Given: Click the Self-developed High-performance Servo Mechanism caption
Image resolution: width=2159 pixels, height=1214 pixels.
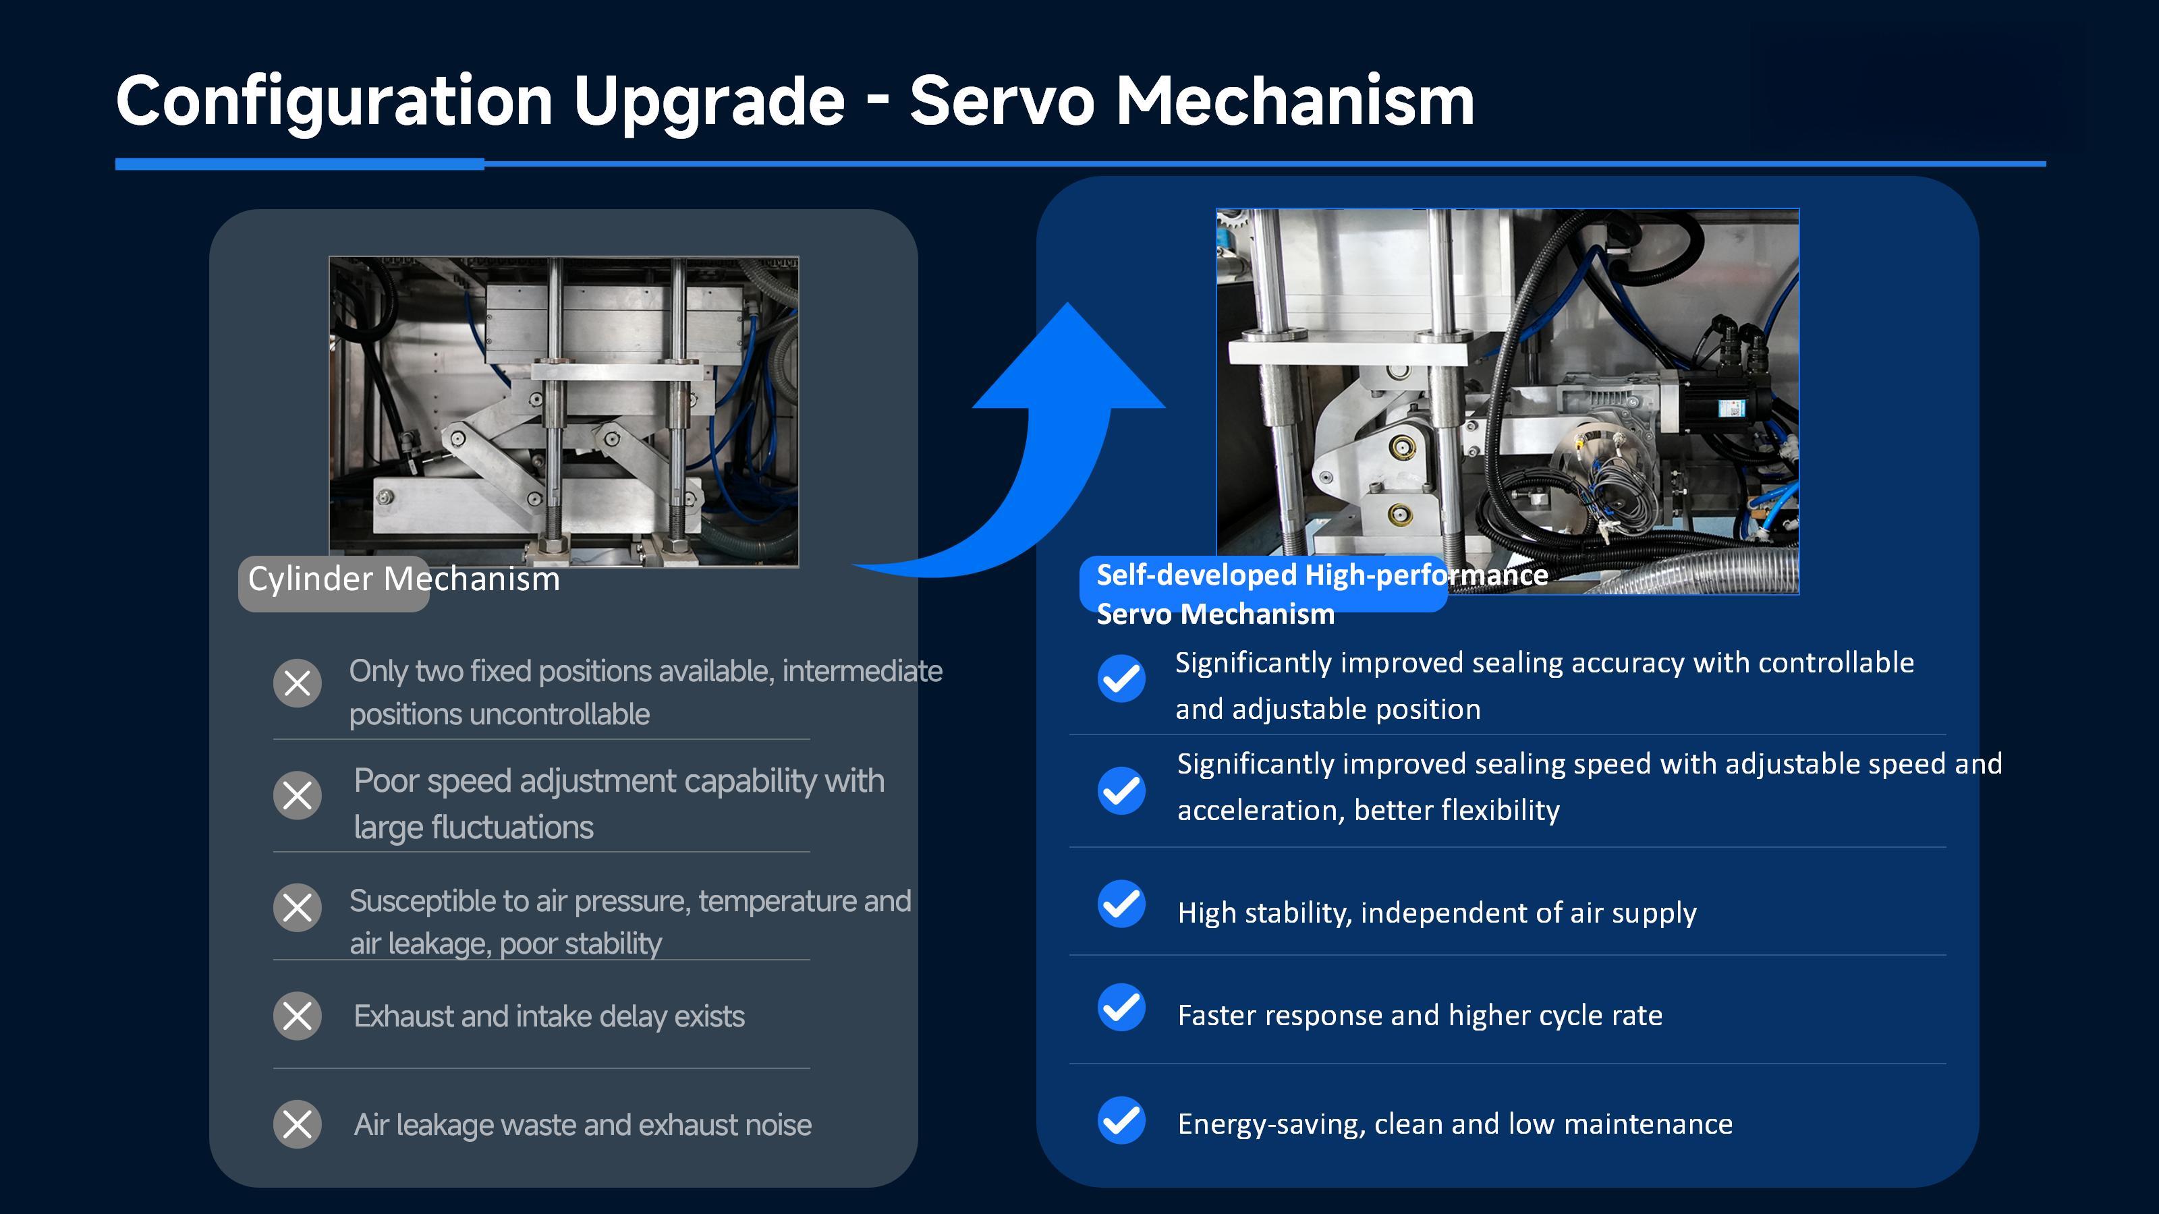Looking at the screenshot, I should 1321,594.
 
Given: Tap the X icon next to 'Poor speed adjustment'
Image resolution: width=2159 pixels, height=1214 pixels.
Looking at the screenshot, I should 298,795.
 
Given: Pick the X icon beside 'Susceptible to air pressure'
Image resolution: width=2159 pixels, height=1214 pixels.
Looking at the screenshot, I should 298,907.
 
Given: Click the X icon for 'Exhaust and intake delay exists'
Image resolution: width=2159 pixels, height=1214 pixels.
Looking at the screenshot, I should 298,1016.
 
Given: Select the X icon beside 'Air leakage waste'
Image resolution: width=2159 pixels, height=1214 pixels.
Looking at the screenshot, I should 298,1124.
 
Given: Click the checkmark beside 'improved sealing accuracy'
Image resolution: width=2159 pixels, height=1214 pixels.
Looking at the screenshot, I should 1121,678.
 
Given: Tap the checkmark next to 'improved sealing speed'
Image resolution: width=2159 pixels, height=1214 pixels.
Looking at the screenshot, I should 1121,790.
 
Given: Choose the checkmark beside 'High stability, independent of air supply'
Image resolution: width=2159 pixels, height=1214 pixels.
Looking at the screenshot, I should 1121,904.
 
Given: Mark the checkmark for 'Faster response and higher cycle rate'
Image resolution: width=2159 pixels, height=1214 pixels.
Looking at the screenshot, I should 1121,1007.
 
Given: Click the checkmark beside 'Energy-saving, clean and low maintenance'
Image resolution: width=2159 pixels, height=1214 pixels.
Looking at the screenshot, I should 1121,1120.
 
